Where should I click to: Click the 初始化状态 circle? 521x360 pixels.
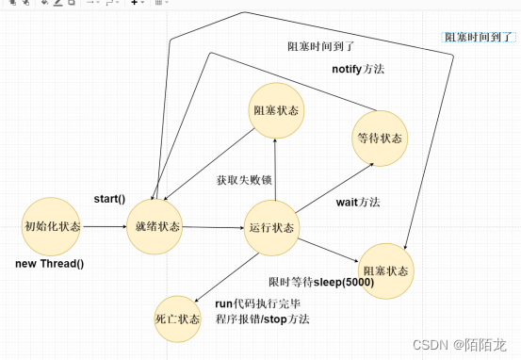click(x=51, y=227)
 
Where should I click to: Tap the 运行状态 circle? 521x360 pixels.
click(x=272, y=228)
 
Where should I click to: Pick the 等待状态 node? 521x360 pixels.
click(x=379, y=138)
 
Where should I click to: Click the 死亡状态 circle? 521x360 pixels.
click(x=177, y=319)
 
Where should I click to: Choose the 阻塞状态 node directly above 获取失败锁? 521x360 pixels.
click(x=276, y=110)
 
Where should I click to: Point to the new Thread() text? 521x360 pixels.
click(x=50, y=263)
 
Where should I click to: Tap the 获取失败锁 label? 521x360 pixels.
click(x=243, y=180)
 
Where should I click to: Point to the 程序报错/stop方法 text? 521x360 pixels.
click(x=262, y=319)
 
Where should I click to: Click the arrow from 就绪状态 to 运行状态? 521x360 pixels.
click(x=214, y=228)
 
